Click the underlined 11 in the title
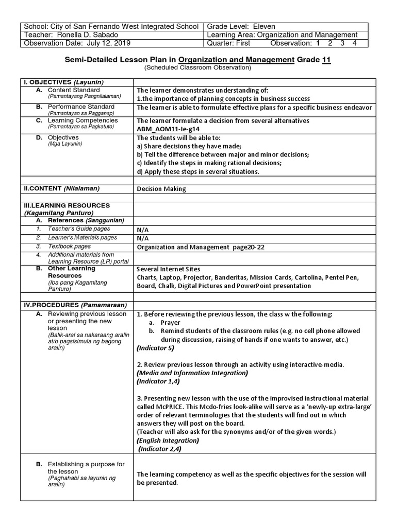point(326,60)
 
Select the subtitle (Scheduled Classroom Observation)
point(197,68)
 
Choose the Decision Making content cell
point(161,189)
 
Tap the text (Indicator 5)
point(156,348)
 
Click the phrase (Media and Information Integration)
point(192,373)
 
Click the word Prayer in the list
point(170,322)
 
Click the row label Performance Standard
point(81,107)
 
